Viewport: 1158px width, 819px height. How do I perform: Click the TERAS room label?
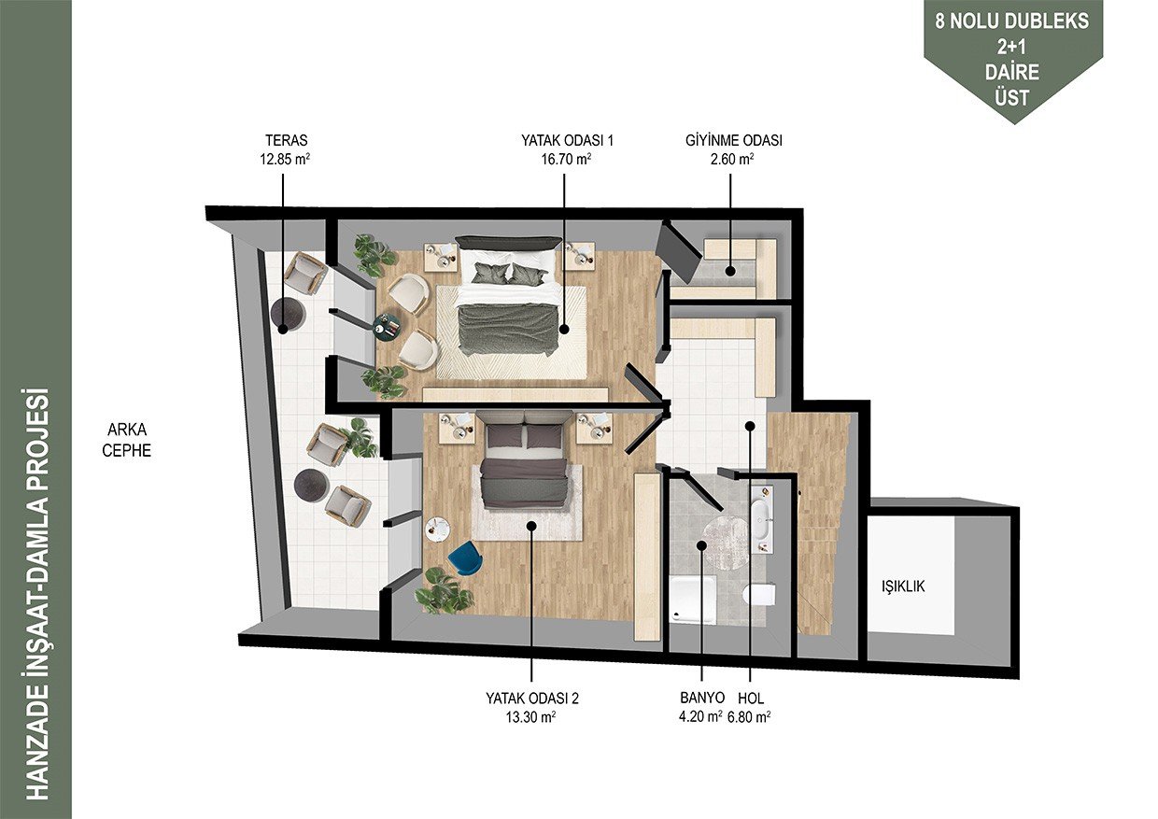pos(286,140)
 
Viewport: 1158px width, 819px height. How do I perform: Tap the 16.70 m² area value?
pos(567,159)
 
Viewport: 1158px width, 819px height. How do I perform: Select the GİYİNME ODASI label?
pos(734,140)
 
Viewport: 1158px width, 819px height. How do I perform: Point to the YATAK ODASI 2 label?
pos(532,699)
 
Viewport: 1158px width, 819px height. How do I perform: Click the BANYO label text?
pos(702,698)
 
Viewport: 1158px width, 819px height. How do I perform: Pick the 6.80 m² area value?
pos(750,717)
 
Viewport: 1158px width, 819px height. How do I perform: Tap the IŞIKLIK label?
pos(903,586)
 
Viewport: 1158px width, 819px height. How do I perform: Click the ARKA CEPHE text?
pos(127,440)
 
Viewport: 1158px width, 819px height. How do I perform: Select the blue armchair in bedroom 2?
pos(466,558)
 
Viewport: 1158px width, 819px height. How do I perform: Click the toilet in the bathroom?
pos(760,594)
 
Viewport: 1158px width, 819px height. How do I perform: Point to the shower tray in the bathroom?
pos(693,600)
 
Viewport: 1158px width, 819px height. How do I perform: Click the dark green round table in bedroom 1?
pos(388,327)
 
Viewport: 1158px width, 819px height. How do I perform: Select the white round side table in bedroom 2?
pos(437,529)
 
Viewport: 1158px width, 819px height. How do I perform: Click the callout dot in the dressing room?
pos(730,271)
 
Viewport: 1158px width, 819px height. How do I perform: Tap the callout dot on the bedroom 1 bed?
pos(564,329)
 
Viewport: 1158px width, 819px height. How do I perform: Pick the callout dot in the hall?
pos(750,426)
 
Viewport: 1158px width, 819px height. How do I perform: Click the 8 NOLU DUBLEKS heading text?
pos(1011,21)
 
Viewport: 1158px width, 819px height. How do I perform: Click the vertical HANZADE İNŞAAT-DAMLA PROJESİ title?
pos(36,594)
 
